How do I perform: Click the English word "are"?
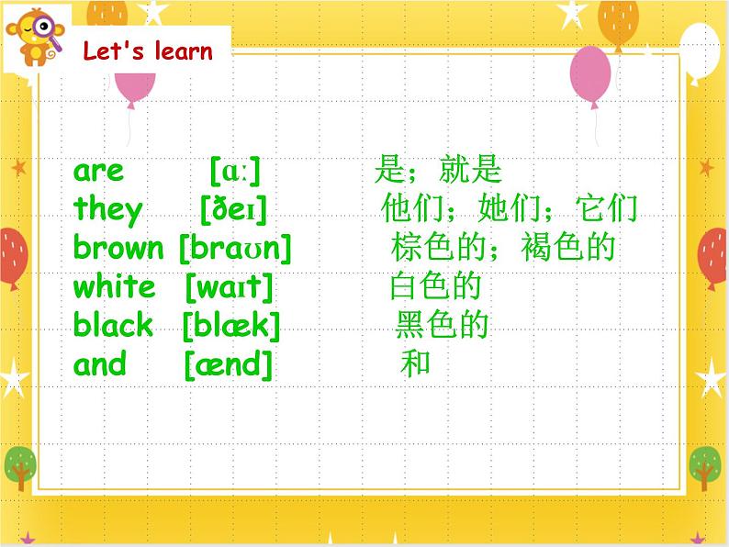(x=98, y=171)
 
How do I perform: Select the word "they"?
(x=108, y=210)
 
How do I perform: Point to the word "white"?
(x=114, y=287)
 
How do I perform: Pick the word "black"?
(x=113, y=326)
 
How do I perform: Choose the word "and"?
(x=100, y=365)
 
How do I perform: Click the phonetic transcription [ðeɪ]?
(x=233, y=210)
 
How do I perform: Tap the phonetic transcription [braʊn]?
(x=234, y=249)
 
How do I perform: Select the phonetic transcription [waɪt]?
(x=229, y=287)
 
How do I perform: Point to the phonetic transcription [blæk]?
(x=230, y=326)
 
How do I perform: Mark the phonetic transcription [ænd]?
(x=229, y=365)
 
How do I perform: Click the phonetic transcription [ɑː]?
(x=235, y=171)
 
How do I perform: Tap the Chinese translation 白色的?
(x=435, y=287)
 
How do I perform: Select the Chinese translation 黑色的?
(x=442, y=326)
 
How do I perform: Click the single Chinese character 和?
(x=415, y=365)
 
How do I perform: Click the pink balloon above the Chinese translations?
(x=590, y=71)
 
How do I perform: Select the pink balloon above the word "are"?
(x=135, y=85)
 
